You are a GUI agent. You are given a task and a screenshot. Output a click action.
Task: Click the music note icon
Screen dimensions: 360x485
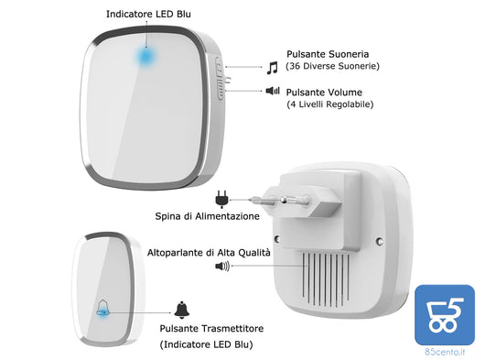tap(271, 66)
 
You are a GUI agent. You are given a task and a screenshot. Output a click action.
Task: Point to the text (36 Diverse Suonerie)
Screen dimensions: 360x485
tap(332, 67)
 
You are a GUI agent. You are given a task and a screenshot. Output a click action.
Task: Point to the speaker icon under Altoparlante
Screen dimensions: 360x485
tap(221, 267)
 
